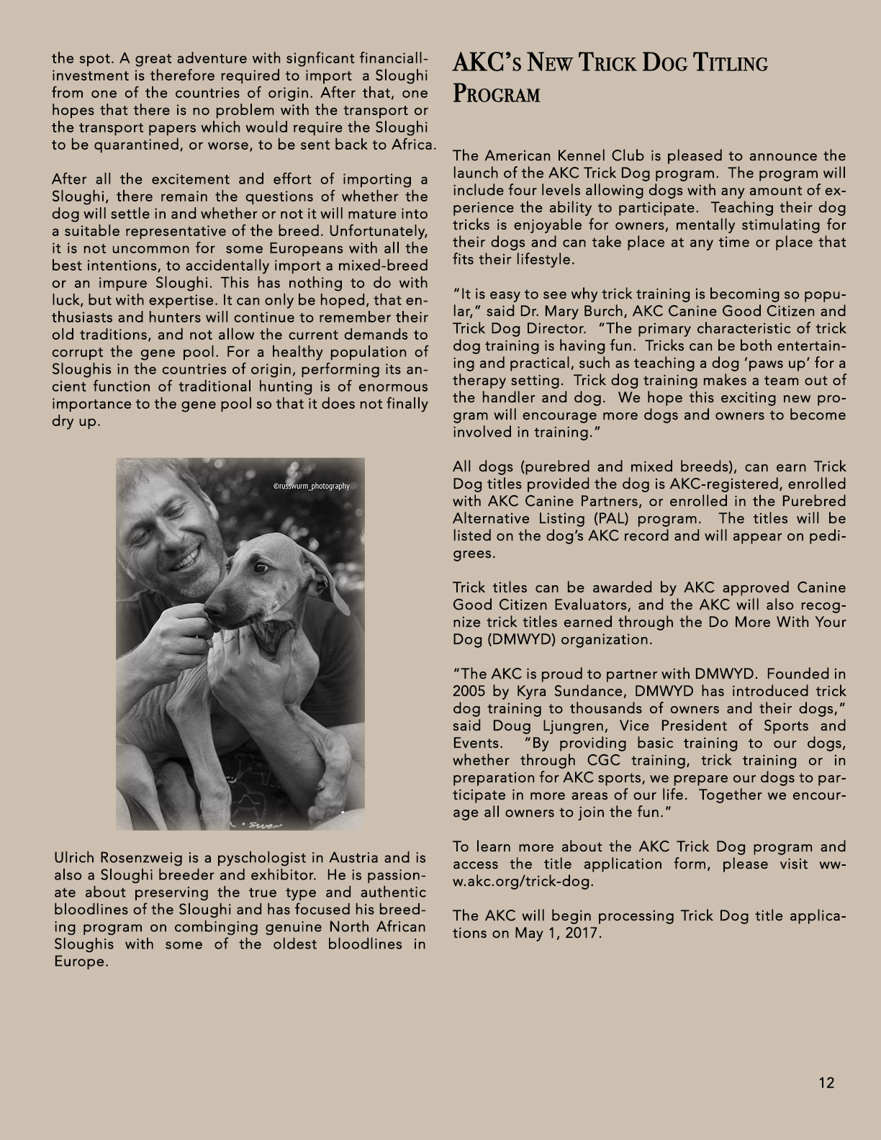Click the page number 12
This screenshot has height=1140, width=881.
[826, 1082]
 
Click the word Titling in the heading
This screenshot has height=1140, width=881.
[730, 64]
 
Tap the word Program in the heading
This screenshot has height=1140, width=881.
[496, 95]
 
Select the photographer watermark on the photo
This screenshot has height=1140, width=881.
[311, 487]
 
